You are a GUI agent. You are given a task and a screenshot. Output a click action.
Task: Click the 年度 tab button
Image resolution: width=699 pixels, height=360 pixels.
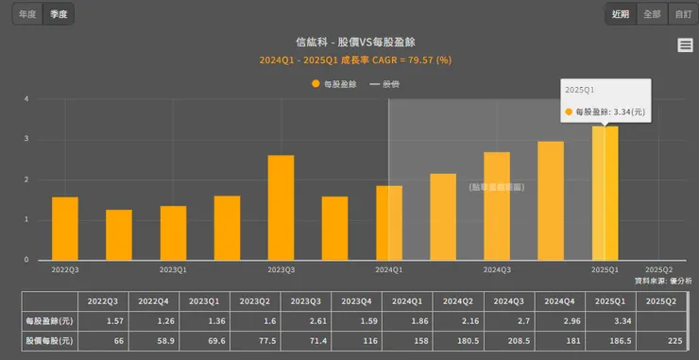29,15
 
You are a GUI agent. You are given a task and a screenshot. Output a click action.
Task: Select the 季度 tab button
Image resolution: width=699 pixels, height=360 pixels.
59,15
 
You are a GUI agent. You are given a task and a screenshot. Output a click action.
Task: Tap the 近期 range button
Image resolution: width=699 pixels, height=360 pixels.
621,14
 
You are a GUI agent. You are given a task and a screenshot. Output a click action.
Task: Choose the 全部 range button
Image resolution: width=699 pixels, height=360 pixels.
652,14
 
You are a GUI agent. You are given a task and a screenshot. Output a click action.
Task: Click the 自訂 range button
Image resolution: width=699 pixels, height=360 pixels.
681,14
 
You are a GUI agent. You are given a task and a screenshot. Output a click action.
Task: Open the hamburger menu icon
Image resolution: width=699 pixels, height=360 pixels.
685,45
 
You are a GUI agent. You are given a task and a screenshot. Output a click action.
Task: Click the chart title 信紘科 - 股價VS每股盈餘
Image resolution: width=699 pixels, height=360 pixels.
356,42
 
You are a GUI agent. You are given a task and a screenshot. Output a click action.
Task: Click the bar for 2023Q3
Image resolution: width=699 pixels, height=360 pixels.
281,208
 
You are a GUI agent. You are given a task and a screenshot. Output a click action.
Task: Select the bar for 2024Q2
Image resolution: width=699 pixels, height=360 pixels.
443,217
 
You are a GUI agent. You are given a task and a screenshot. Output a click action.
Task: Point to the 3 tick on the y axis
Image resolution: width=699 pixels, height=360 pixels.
26,139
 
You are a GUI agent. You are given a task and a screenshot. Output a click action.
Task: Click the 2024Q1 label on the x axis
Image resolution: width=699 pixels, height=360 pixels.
389,269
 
